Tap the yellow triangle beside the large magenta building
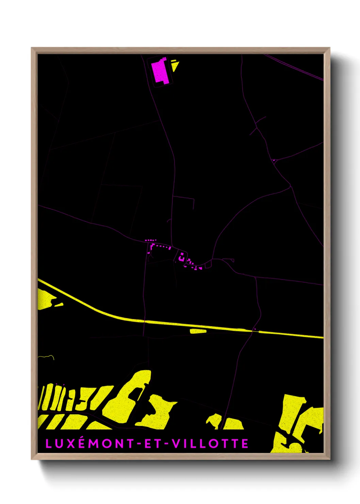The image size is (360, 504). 175,65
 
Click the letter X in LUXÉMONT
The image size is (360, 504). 72,444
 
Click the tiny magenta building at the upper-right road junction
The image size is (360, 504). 274,160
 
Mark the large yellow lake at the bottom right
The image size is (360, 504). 299,419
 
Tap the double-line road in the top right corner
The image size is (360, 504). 296,68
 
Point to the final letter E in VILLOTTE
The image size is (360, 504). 245,444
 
